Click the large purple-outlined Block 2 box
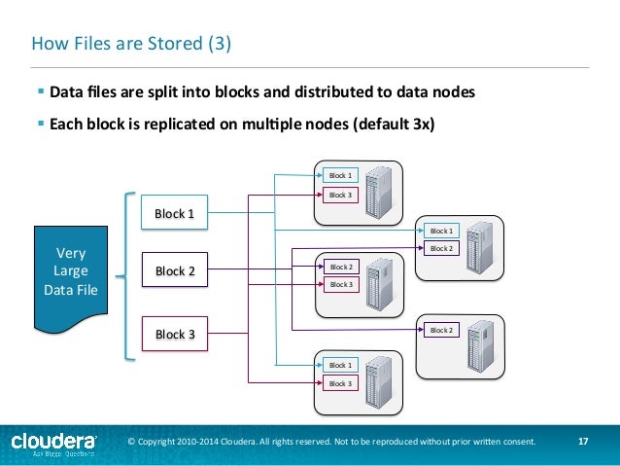pyautogui.click(x=175, y=271)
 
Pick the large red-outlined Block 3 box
pyautogui.click(x=175, y=334)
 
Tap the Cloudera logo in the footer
pyautogui.click(x=53, y=443)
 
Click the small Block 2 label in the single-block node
pyautogui.click(x=441, y=331)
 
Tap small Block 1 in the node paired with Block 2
pyautogui.click(x=441, y=231)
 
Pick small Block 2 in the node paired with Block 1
pyautogui.click(x=441, y=248)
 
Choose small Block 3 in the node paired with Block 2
pyautogui.click(x=341, y=284)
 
